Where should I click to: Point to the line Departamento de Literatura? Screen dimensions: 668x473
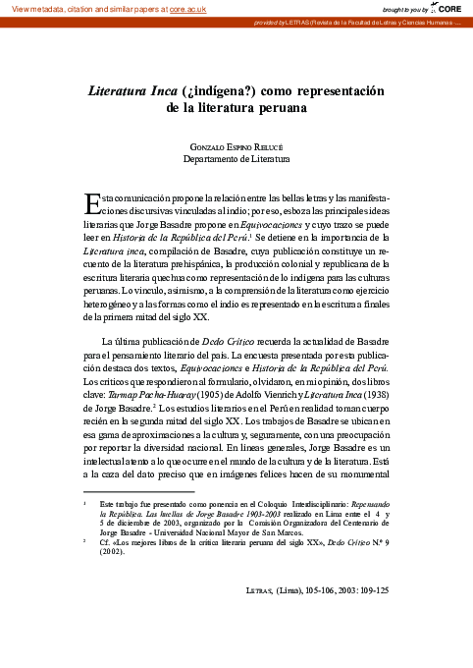pyautogui.click(x=236, y=158)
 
